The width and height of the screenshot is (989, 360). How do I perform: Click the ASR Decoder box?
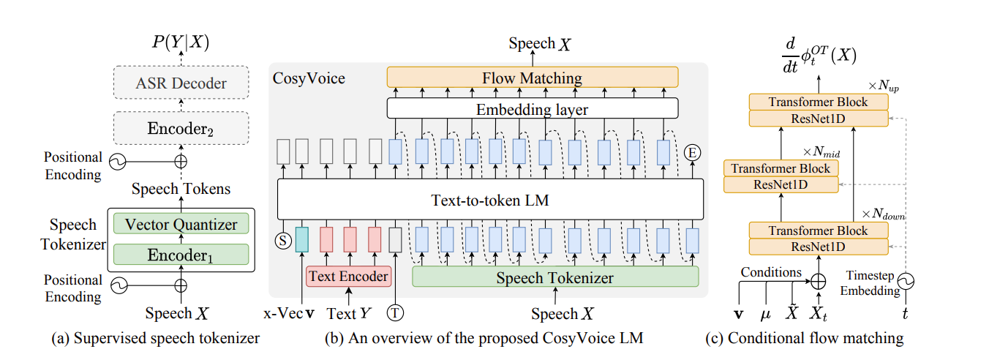pyautogui.click(x=181, y=83)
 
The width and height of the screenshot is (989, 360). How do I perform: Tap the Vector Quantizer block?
pyautogui.click(x=181, y=223)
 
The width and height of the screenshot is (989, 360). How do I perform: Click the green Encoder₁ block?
pyautogui.click(x=181, y=255)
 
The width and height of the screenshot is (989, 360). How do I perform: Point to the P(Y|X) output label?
pyautogui.click(x=181, y=43)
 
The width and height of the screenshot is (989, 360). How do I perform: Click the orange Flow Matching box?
pyautogui.click(x=532, y=78)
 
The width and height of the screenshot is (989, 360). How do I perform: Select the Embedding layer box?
pyautogui.click(x=532, y=109)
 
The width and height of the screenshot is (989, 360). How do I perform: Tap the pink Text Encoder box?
pyautogui.click(x=348, y=277)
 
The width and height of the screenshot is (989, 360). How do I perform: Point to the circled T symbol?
pyautogui.click(x=396, y=313)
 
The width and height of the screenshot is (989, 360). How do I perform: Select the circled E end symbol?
pyautogui.click(x=692, y=152)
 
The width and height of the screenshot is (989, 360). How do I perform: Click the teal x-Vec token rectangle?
pyautogui.click(x=301, y=239)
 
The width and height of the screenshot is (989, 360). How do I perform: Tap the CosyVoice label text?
pyautogui.click(x=309, y=78)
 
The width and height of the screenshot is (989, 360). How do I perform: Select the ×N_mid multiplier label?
pyautogui.click(x=821, y=151)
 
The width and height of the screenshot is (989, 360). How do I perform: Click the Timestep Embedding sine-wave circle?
pyautogui.click(x=906, y=280)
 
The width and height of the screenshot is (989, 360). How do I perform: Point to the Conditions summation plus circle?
pyautogui.click(x=818, y=280)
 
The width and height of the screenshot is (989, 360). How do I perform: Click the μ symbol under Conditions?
pyautogui.click(x=765, y=314)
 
